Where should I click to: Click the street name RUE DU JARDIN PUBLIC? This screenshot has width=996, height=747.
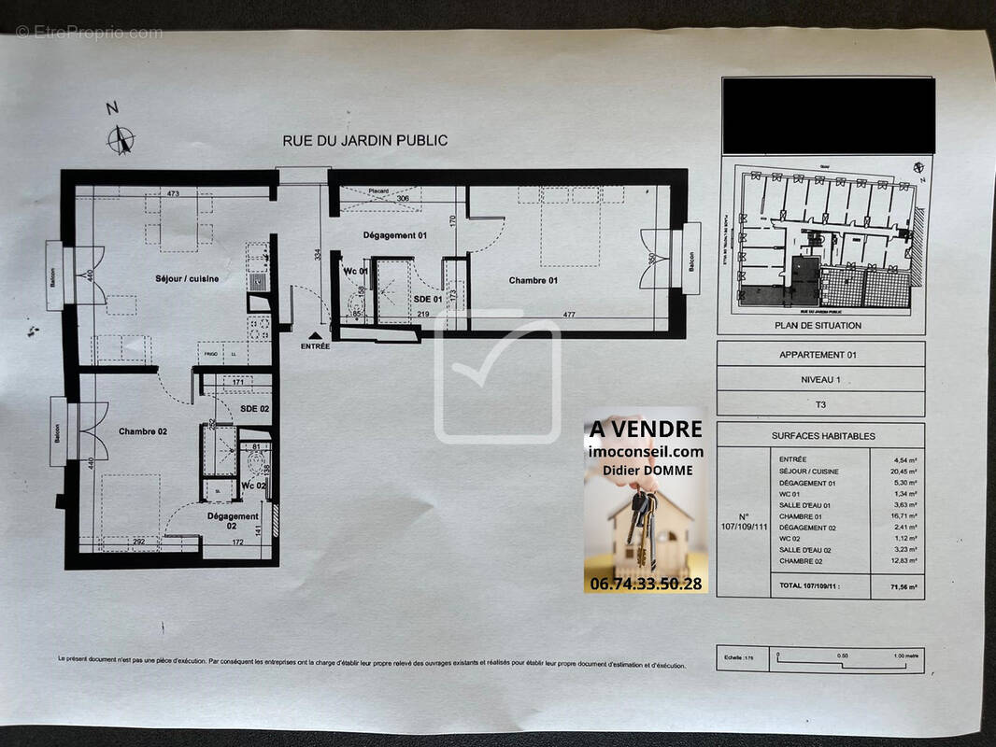365,141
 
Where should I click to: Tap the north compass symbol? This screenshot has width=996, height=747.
121,139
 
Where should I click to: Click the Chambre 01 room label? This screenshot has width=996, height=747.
534,280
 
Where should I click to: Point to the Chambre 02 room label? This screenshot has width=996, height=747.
143,431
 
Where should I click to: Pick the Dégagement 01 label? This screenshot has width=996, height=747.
394,235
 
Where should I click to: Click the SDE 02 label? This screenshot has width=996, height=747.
254,409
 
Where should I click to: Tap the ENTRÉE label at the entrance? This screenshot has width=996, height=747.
315,346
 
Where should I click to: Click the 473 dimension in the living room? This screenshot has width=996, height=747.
172,194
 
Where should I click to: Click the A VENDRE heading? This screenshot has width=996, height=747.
645,429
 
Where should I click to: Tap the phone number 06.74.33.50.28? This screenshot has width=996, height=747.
645,583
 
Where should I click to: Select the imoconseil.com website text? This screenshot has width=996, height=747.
646,451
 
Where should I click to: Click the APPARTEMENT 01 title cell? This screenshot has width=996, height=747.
818,355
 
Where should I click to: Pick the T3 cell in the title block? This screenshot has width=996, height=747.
819,404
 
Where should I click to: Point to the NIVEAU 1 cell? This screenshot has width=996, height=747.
819,380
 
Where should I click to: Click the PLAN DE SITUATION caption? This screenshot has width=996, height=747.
818,325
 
